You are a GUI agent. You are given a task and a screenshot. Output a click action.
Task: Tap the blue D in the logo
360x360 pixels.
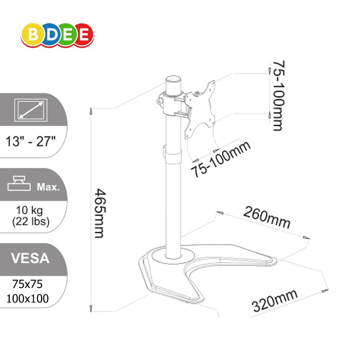[x=51, y=35]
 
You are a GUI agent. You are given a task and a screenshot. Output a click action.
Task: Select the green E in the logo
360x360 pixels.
[x=67, y=35]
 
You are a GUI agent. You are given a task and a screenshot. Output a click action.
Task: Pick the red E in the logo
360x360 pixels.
[x=84, y=35]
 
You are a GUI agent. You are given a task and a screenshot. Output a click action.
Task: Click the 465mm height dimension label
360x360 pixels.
[x=100, y=213]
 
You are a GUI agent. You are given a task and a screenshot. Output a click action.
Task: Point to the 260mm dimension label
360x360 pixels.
[x=267, y=217]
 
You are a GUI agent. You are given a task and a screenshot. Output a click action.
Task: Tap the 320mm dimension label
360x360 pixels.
[x=275, y=301]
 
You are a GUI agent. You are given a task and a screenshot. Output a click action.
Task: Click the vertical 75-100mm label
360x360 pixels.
[x=279, y=96]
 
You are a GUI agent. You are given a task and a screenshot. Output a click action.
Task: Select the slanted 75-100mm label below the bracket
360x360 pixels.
[x=221, y=159]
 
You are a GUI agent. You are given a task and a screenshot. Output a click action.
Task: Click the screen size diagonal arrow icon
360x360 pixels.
[x=31, y=110]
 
